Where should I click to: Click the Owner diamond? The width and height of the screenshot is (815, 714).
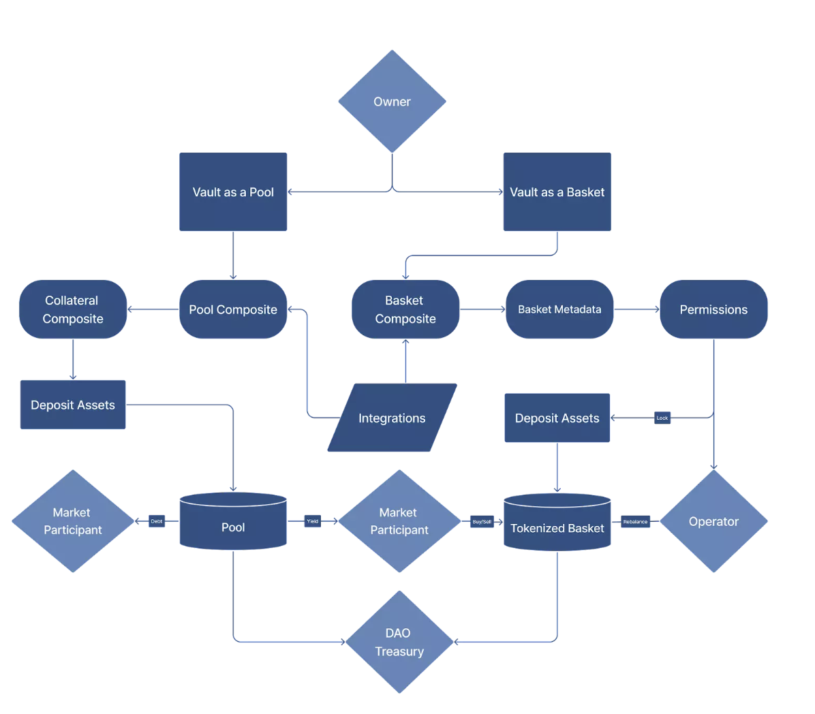[392, 102]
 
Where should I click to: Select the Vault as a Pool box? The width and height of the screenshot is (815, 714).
[233, 191]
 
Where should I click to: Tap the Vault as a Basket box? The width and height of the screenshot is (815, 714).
[557, 191]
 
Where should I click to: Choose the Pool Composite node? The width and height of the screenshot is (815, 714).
[233, 309]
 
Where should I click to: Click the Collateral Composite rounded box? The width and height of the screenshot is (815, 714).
[73, 309]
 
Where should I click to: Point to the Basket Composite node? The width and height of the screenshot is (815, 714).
[405, 309]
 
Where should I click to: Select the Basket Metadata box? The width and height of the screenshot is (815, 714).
[559, 309]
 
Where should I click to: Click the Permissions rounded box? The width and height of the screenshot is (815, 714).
[713, 309]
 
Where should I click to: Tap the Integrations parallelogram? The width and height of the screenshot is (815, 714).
[392, 418]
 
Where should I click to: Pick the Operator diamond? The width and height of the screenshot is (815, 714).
[713, 521]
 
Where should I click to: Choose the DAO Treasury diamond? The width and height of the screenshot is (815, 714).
[399, 642]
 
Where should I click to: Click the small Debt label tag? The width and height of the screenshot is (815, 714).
[157, 521]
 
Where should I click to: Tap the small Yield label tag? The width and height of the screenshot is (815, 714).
[313, 521]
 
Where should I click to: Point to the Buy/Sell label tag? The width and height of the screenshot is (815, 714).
[482, 522]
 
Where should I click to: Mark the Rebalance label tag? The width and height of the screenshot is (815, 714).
[635, 522]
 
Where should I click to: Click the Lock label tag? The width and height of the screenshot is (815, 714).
[662, 418]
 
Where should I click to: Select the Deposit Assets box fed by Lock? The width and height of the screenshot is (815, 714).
[557, 418]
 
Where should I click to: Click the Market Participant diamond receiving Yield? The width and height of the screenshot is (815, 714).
[399, 521]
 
